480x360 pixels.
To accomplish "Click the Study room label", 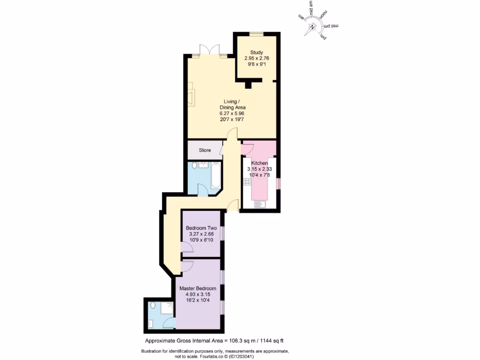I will click(x=256, y=52).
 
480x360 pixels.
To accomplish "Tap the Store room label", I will click(x=205, y=150).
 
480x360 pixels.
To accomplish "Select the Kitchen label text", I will click(x=259, y=163).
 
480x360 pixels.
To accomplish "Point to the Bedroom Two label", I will click(x=201, y=228).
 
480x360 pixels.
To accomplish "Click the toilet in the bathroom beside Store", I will click(x=195, y=165).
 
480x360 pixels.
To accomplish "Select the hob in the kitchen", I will click(x=247, y=182).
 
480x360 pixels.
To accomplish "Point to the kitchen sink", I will click(x=260, y=204).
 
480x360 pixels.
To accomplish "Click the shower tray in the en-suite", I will click(x=167, y=308).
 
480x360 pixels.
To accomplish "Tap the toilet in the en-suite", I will click(x=153, y=305).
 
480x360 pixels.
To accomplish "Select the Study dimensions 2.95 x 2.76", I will click(x=256, y=59).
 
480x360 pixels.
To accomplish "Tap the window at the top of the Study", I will click(x=256, y=33).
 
